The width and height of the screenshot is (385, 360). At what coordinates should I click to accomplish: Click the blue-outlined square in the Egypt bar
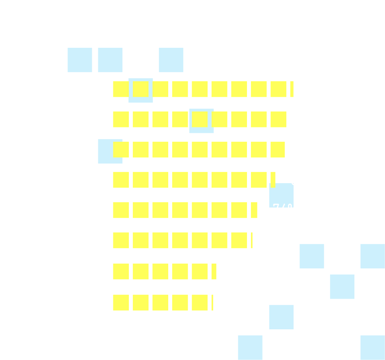click(x=201, y=121)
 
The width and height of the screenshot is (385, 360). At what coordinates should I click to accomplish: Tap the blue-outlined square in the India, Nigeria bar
click(x=140, y=90)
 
